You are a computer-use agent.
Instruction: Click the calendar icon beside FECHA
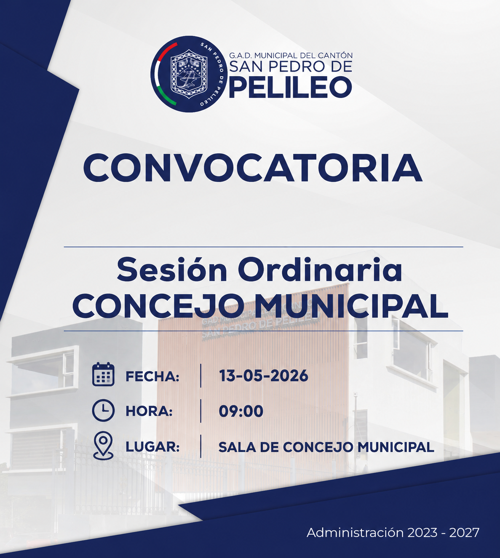103,374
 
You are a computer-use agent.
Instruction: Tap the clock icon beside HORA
103,410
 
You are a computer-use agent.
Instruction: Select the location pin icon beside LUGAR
103,446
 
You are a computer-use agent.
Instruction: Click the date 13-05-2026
263,376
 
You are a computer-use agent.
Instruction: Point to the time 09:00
241,411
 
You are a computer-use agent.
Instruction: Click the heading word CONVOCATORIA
253,168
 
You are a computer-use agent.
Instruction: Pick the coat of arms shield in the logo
189,74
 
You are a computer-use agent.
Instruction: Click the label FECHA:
152,376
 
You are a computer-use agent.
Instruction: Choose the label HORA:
149,411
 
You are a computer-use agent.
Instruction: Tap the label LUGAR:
152,447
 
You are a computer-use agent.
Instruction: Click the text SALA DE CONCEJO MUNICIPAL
326,447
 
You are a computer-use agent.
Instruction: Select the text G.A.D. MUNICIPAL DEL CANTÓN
291,56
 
